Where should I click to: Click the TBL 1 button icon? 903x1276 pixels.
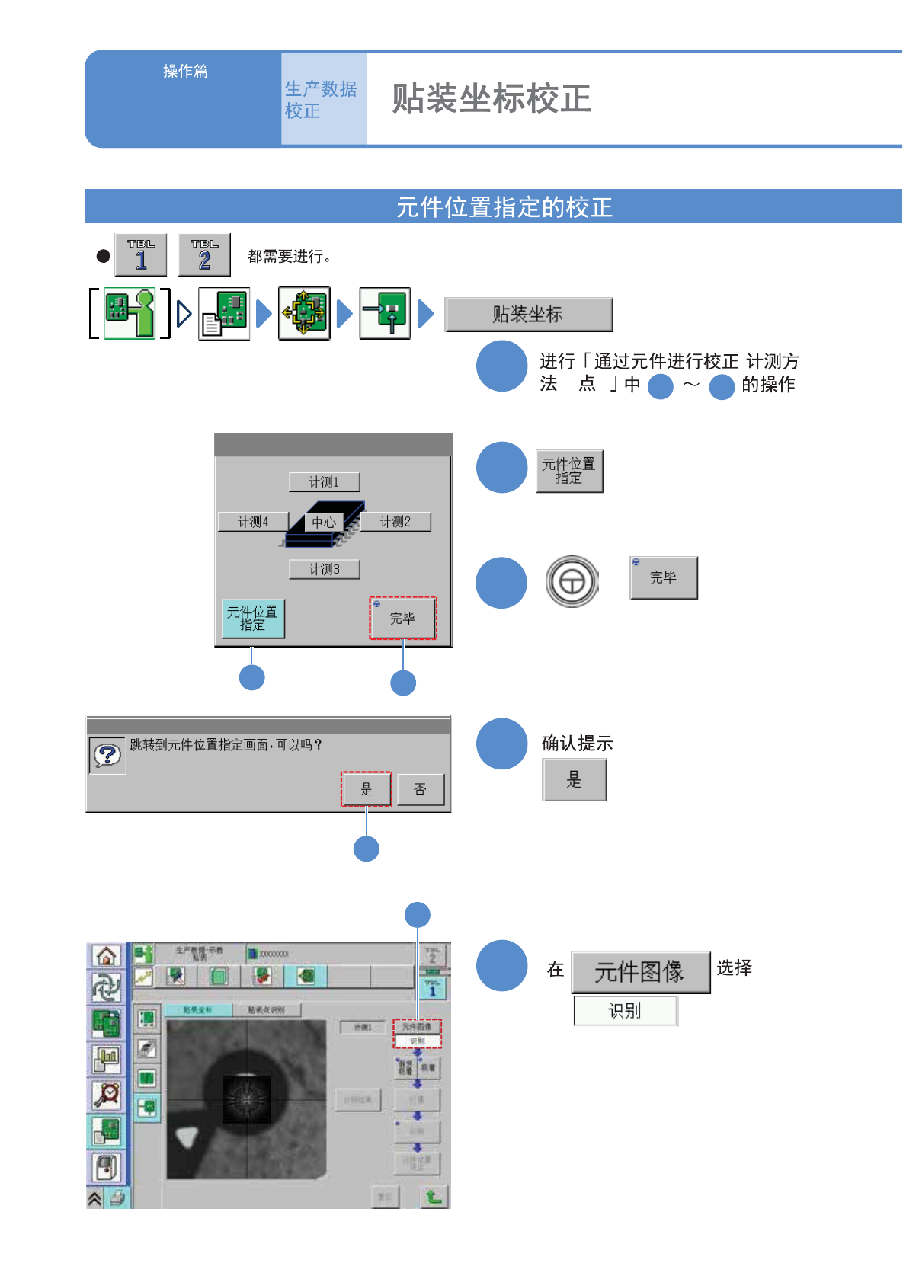141,255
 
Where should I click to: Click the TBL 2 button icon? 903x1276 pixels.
204,255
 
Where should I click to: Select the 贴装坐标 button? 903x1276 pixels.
528,315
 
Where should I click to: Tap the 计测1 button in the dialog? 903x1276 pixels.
324,482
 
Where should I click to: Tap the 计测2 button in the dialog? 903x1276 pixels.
395,522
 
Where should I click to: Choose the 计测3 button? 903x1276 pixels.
324,569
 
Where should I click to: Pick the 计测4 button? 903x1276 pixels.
253,522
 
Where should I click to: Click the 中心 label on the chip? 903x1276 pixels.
324,522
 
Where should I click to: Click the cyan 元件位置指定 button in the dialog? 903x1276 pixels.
252,618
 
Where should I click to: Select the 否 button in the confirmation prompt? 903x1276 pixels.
420,789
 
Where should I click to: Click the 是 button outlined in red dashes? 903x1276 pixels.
367,789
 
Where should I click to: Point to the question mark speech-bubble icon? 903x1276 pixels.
107,756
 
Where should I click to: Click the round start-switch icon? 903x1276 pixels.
572,582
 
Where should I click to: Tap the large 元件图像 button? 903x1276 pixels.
640,972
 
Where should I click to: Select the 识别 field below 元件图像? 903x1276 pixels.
625,1011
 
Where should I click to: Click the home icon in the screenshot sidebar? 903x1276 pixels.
107,955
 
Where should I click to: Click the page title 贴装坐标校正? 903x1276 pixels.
492,99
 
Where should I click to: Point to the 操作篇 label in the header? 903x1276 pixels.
185,72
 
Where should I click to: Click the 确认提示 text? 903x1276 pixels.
577,744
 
